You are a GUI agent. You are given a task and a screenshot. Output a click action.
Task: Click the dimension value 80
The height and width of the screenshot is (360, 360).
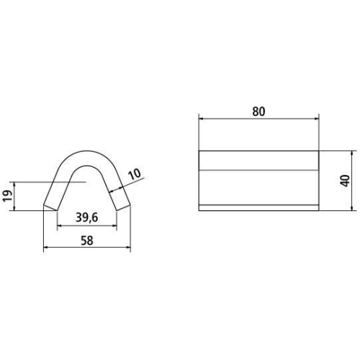(258, 112)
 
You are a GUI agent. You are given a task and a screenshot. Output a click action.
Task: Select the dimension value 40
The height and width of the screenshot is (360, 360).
(346, 181)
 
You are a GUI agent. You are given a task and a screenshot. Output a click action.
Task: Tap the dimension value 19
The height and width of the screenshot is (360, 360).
(8, 196)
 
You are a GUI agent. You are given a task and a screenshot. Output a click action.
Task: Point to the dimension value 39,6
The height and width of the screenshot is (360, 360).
(87, 217)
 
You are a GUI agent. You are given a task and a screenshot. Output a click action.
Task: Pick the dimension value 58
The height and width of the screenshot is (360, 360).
(87, 240)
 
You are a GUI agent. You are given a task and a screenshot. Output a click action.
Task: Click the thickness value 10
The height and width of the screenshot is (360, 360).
(135, 174)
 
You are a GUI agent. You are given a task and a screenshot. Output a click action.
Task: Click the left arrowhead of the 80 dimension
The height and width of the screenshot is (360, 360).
(201, 118)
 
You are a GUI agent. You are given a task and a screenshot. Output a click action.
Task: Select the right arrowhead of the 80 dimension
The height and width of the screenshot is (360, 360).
(316, 118)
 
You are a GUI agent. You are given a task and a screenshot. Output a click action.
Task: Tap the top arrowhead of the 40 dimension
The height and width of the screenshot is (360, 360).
(352, 153)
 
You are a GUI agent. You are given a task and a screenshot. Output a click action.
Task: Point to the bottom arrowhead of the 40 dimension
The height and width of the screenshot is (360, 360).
(352, 208)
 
